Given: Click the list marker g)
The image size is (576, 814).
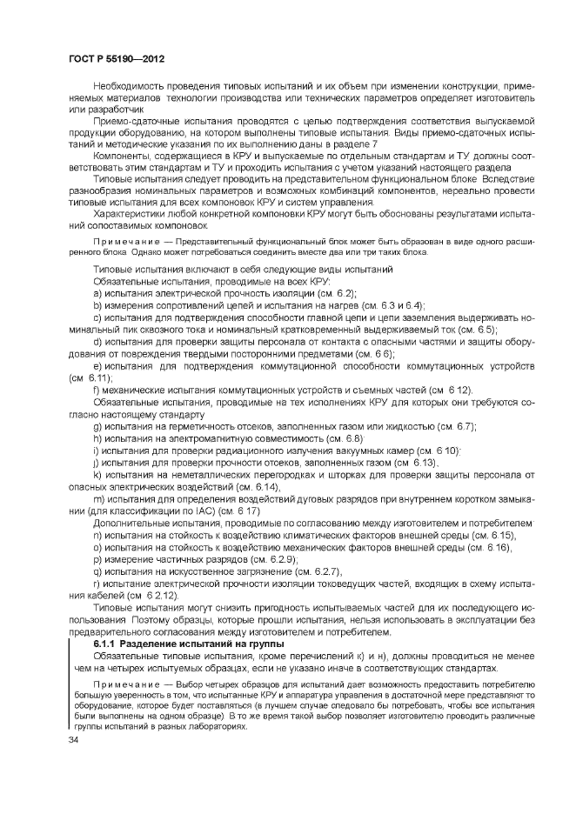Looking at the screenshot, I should pyautogui.click(x=97, y=426).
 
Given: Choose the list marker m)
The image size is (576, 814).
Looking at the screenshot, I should pyautogui.click(x=98, y=498).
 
